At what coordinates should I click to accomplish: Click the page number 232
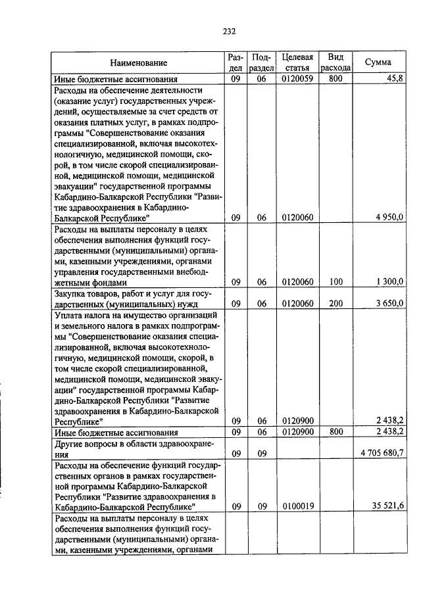point(229,31)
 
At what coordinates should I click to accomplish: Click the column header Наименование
point(138,62)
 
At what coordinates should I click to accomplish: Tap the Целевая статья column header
point(297,62)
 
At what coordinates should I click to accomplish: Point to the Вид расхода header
point(335,62)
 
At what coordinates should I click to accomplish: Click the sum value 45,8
point(395,79)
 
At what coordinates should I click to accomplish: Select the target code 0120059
point(297,79)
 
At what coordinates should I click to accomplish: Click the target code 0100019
point(297,507)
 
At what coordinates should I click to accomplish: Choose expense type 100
point(335,281)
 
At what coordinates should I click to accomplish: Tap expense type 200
point(335,304)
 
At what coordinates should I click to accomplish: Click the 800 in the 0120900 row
point(335,433)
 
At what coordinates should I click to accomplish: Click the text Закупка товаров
point(86,294)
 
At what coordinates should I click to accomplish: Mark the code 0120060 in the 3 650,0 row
point(297,304)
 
